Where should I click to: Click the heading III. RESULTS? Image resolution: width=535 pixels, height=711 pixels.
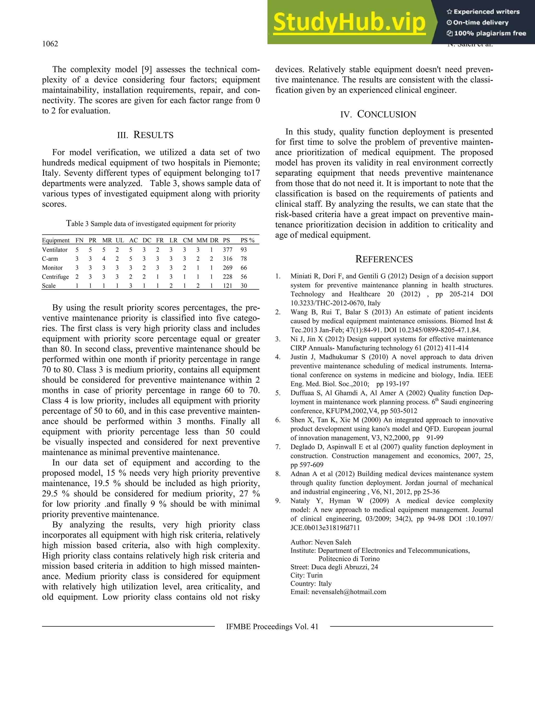(145, 135)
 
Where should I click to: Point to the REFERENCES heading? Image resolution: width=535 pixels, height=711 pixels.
(384, 259)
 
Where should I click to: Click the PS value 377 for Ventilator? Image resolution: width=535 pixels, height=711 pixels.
(227, 250)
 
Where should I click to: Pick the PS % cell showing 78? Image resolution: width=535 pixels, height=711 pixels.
(244, 259)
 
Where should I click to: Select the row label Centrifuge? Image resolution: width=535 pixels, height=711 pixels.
(55, 277)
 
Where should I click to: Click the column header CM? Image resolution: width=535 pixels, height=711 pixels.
(188, 240)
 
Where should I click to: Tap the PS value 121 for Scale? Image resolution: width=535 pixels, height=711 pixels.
(227, 286)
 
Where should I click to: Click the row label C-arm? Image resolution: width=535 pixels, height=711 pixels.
(50, 259)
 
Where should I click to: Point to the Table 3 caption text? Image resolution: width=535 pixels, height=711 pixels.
(151, 224)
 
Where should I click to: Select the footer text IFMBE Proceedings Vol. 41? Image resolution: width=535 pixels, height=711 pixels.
(272, 626)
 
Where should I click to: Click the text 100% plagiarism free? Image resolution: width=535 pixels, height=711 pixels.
(486, 33)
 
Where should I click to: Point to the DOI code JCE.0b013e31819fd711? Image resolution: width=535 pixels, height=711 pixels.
(325, 528)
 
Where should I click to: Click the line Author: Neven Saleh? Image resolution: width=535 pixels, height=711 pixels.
(321, 542)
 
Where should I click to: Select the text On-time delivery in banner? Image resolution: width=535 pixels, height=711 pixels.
(481, 22)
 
